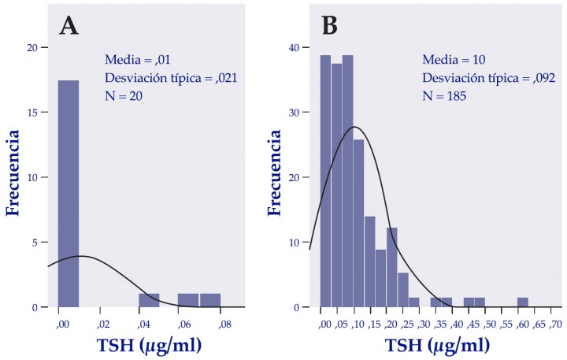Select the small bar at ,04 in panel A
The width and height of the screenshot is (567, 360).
pos(149,300)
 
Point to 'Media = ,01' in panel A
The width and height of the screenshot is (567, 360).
pos(139,59)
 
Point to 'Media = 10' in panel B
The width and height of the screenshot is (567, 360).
pos(454,59)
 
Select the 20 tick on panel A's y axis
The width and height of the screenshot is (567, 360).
pos(33,47)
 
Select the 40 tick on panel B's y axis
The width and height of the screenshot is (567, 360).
pos(294,47)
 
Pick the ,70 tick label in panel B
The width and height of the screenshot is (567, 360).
pos(555,325)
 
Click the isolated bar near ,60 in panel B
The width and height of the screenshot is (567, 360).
pos(522,302)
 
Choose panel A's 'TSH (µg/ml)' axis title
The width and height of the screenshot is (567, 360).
pos(150,344)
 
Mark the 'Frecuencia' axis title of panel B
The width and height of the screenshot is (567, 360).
pos(275,177)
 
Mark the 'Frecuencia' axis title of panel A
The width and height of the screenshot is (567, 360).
pos(13,177)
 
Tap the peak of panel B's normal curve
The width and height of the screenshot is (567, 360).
pos(354,127)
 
